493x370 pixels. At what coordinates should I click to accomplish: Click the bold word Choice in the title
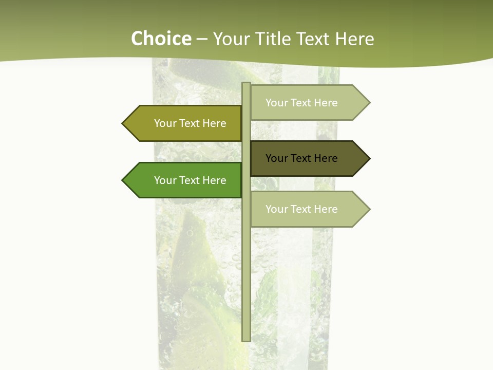coord(161,39)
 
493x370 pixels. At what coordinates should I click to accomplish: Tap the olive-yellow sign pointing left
coord(185,123)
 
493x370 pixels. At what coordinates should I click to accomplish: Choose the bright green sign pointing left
coord(185,180)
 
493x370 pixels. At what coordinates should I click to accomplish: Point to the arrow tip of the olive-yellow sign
coord(124,123)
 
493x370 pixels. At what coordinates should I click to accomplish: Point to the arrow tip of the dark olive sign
coord(368,158)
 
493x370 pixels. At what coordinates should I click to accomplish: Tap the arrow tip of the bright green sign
coord(124,180)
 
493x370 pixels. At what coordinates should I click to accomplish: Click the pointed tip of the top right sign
coord(368,103)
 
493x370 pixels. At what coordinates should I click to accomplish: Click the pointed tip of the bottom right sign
coord(368,209)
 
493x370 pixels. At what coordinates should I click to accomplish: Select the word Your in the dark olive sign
coord(276,158)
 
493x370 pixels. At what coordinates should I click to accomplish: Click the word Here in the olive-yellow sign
coord(214,123)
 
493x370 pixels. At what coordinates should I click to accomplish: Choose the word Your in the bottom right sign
coord(276,209)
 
